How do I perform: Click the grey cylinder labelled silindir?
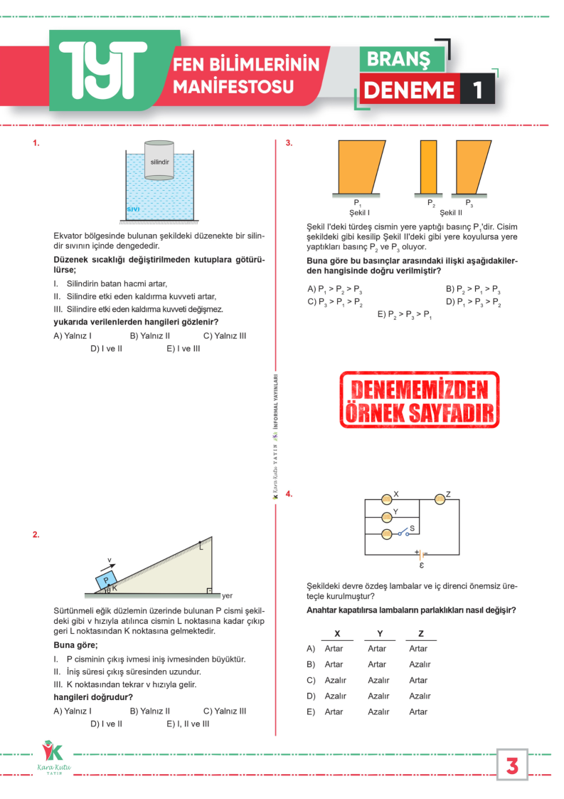click(159, 160)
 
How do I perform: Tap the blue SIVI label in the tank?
click(133, 209)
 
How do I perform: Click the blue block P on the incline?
click(107, 580)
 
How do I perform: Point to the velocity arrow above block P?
click(108, 566)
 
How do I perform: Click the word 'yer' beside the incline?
click(227, 595)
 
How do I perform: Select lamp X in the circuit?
click(387, 499)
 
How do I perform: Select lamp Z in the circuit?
click(440, 499)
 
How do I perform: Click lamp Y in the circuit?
click(387, 517)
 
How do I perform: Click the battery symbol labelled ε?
click(421, 555)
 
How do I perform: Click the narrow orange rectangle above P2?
click(429, 167)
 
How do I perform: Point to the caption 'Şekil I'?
click(359, 212)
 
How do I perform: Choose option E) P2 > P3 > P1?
click(405, 315)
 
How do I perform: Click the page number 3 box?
click(512, 765)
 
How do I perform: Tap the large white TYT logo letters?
click(103, 70)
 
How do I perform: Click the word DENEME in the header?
click(409, 90)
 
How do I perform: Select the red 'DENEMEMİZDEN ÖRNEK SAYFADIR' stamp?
click(420, 400)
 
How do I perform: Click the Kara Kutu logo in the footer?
click(53, 758)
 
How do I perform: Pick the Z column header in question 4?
click(421, 633)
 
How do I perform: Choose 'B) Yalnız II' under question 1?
click(149, 336)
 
